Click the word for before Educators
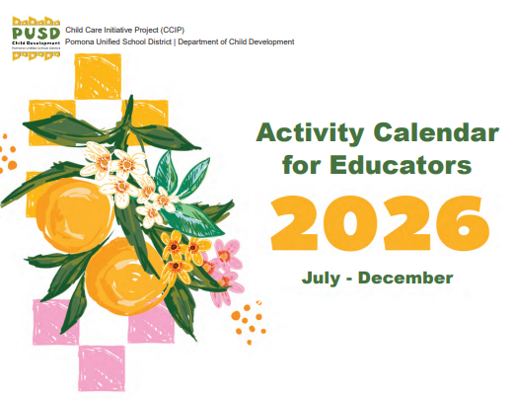click(305, 164)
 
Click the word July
click(320, 278)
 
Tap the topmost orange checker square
click(100, 74)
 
